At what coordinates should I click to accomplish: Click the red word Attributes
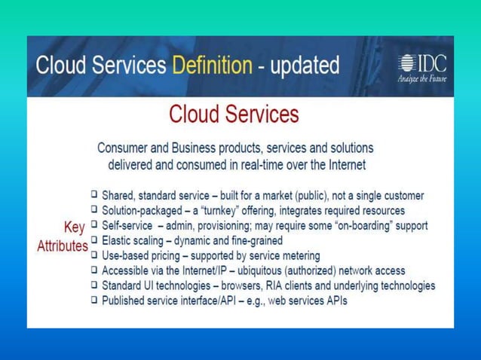pos(63,246)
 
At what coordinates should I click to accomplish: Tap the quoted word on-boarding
pos(365,226)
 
